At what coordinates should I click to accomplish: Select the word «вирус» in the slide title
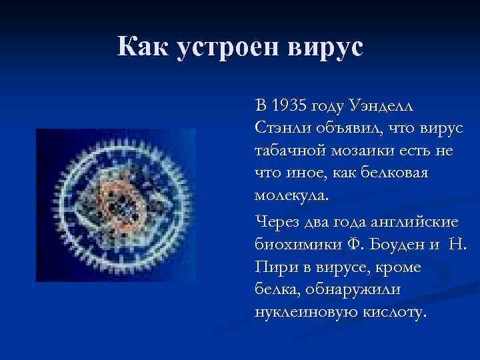tap(326, 48)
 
